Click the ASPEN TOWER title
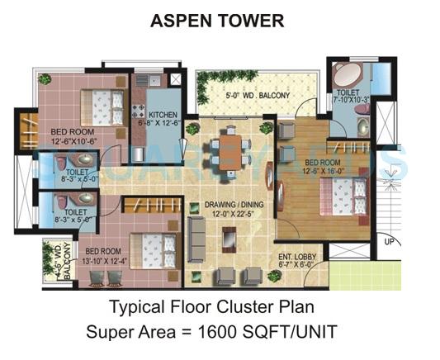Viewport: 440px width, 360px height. [x=217, y=21]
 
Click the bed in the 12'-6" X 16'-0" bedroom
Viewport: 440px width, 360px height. [x=344, y=196]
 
